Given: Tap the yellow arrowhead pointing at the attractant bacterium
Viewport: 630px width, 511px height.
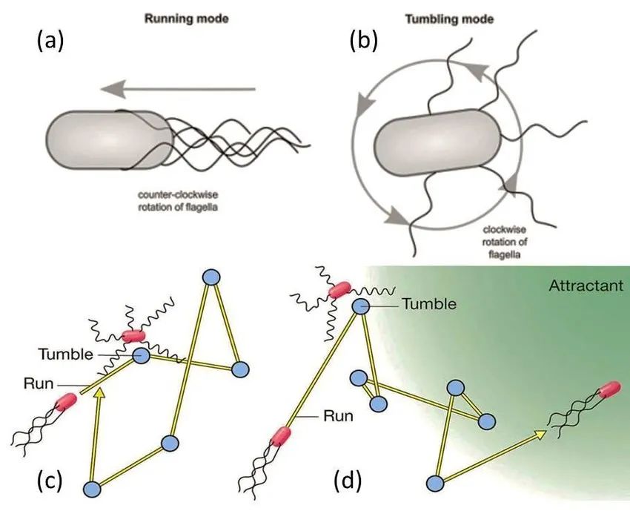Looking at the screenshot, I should pos(539,433).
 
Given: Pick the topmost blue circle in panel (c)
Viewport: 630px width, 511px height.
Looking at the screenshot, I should pos(211,277).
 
